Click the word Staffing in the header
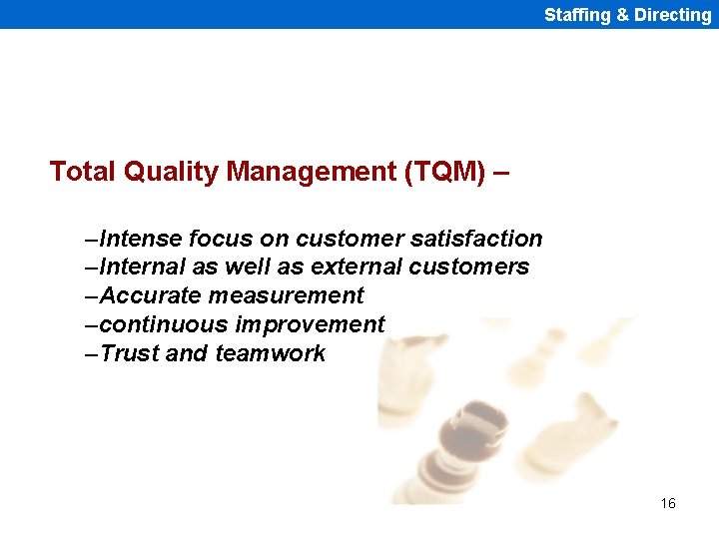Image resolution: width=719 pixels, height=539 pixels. (x=577, y=15)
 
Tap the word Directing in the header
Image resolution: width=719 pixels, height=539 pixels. (x=672, y=15)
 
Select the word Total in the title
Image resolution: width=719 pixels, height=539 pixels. (x=83, y=172)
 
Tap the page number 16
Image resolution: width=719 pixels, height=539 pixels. (x=668, y=503)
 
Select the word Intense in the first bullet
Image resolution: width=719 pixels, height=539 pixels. (x=141, y=239)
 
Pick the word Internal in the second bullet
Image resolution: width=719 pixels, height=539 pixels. (x=144, y=268)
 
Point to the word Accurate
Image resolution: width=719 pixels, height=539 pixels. (x=151, y=296)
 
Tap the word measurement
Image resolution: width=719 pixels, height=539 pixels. (x=287, y=296)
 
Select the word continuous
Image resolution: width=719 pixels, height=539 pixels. (x=164, y=325)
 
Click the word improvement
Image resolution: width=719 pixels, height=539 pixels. (x=310, y=325)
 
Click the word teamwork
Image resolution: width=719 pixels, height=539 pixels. (x=270, y=354)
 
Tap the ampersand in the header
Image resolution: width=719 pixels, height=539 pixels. (x=621, y=15)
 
